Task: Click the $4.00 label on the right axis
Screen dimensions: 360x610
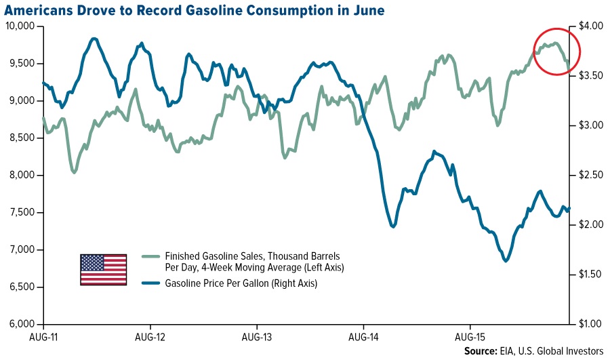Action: [590, 26]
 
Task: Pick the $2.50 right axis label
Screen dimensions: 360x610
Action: [590, 176]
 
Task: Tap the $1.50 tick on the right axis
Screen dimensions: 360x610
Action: [590, 275]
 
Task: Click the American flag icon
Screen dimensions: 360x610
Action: [103, 269]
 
